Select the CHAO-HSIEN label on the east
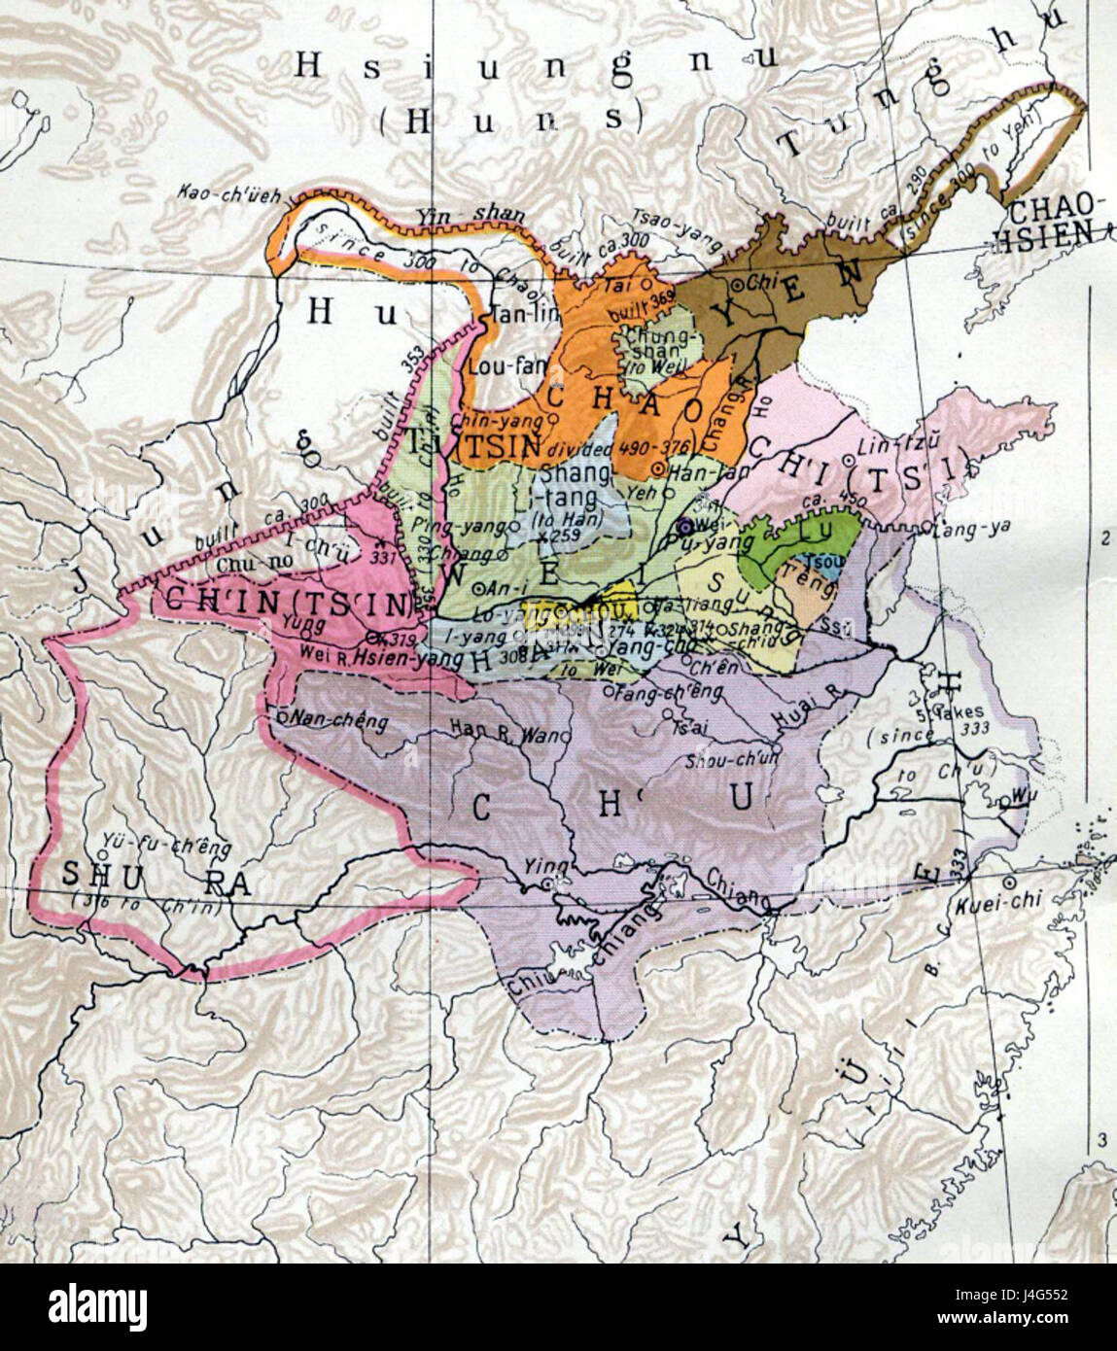click(x=1059, y=217)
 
